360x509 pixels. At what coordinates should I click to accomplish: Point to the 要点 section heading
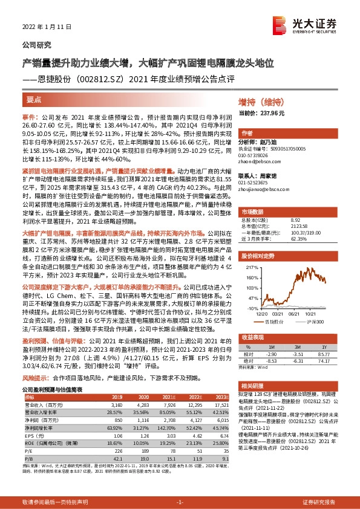point(34,100)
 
